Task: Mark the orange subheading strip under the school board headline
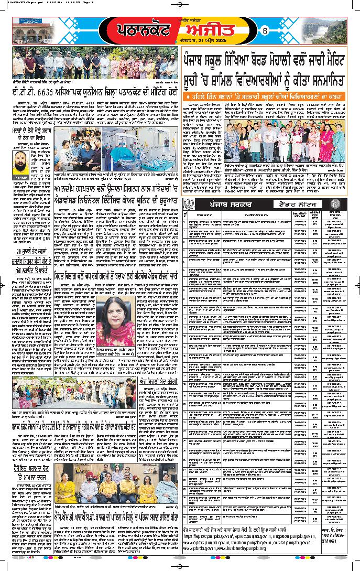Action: point(265,99)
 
